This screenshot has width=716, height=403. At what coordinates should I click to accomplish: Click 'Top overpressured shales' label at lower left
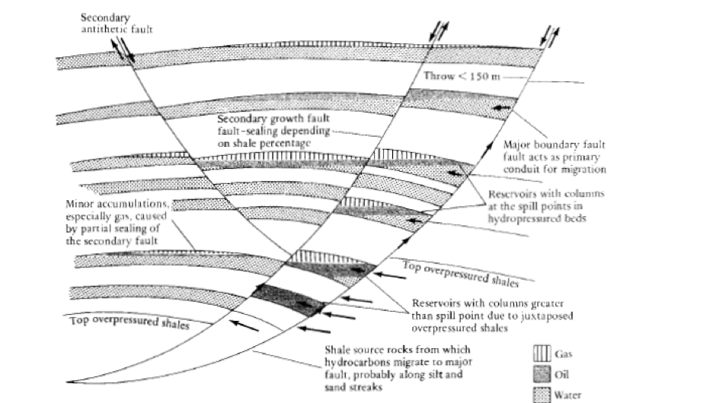point(129,322)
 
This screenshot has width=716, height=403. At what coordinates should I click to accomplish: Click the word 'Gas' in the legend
point(562,354)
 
